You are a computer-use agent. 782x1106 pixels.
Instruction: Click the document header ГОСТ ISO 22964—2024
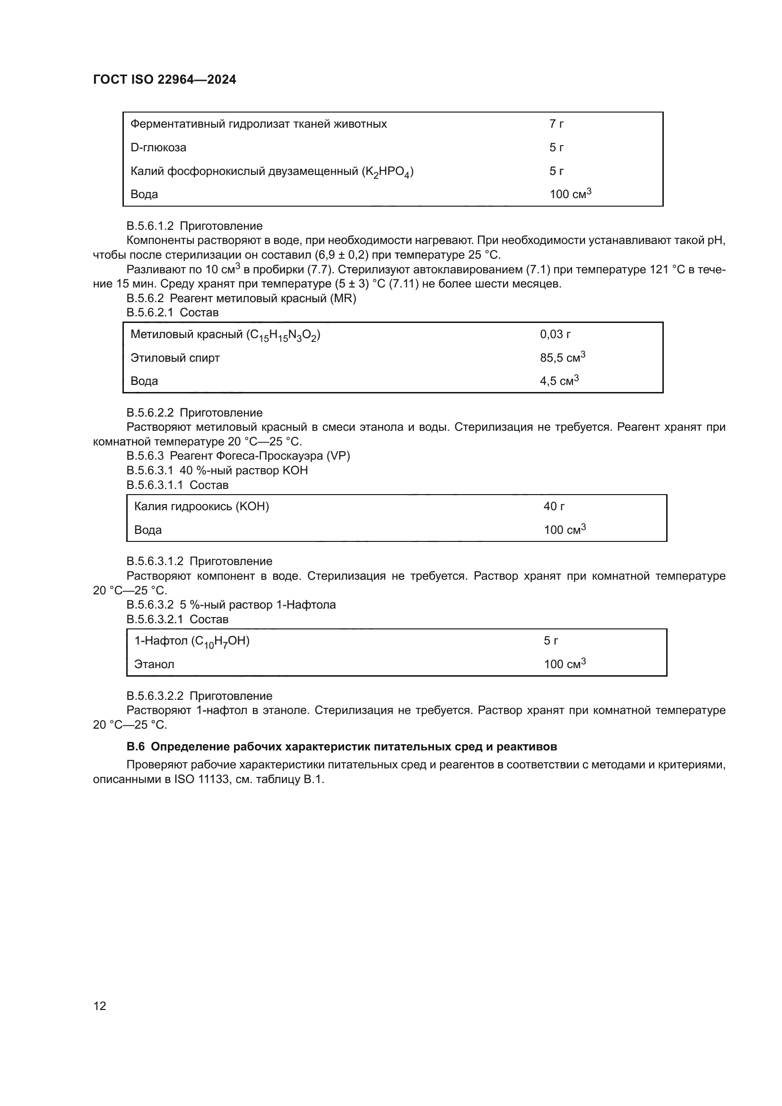click(164, 80)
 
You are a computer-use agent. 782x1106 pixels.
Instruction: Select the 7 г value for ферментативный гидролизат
click(556, 124)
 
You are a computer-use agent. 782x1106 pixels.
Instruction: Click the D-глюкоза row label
click(158, 148)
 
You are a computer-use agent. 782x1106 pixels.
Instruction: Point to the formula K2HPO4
click(388, 172)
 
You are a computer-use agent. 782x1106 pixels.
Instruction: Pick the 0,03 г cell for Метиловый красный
click(555, 334)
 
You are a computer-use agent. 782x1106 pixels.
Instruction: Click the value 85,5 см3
click(562, 358)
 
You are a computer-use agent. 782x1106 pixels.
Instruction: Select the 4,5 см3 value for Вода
click(558, 381)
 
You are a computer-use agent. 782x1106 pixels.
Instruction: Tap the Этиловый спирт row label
click(175, 358)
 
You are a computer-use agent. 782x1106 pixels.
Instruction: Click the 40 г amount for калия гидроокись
click(554, 506)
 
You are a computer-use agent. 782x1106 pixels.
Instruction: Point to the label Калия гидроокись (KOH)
click(201, 506)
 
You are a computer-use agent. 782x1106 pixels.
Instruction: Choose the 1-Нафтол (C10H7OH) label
click(191, 641)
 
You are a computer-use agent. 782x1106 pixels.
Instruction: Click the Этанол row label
click(154, 664)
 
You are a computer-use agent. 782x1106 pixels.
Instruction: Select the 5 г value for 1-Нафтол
click(551, 641)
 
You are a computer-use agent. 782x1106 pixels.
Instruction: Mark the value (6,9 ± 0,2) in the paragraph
click(341, 255)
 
